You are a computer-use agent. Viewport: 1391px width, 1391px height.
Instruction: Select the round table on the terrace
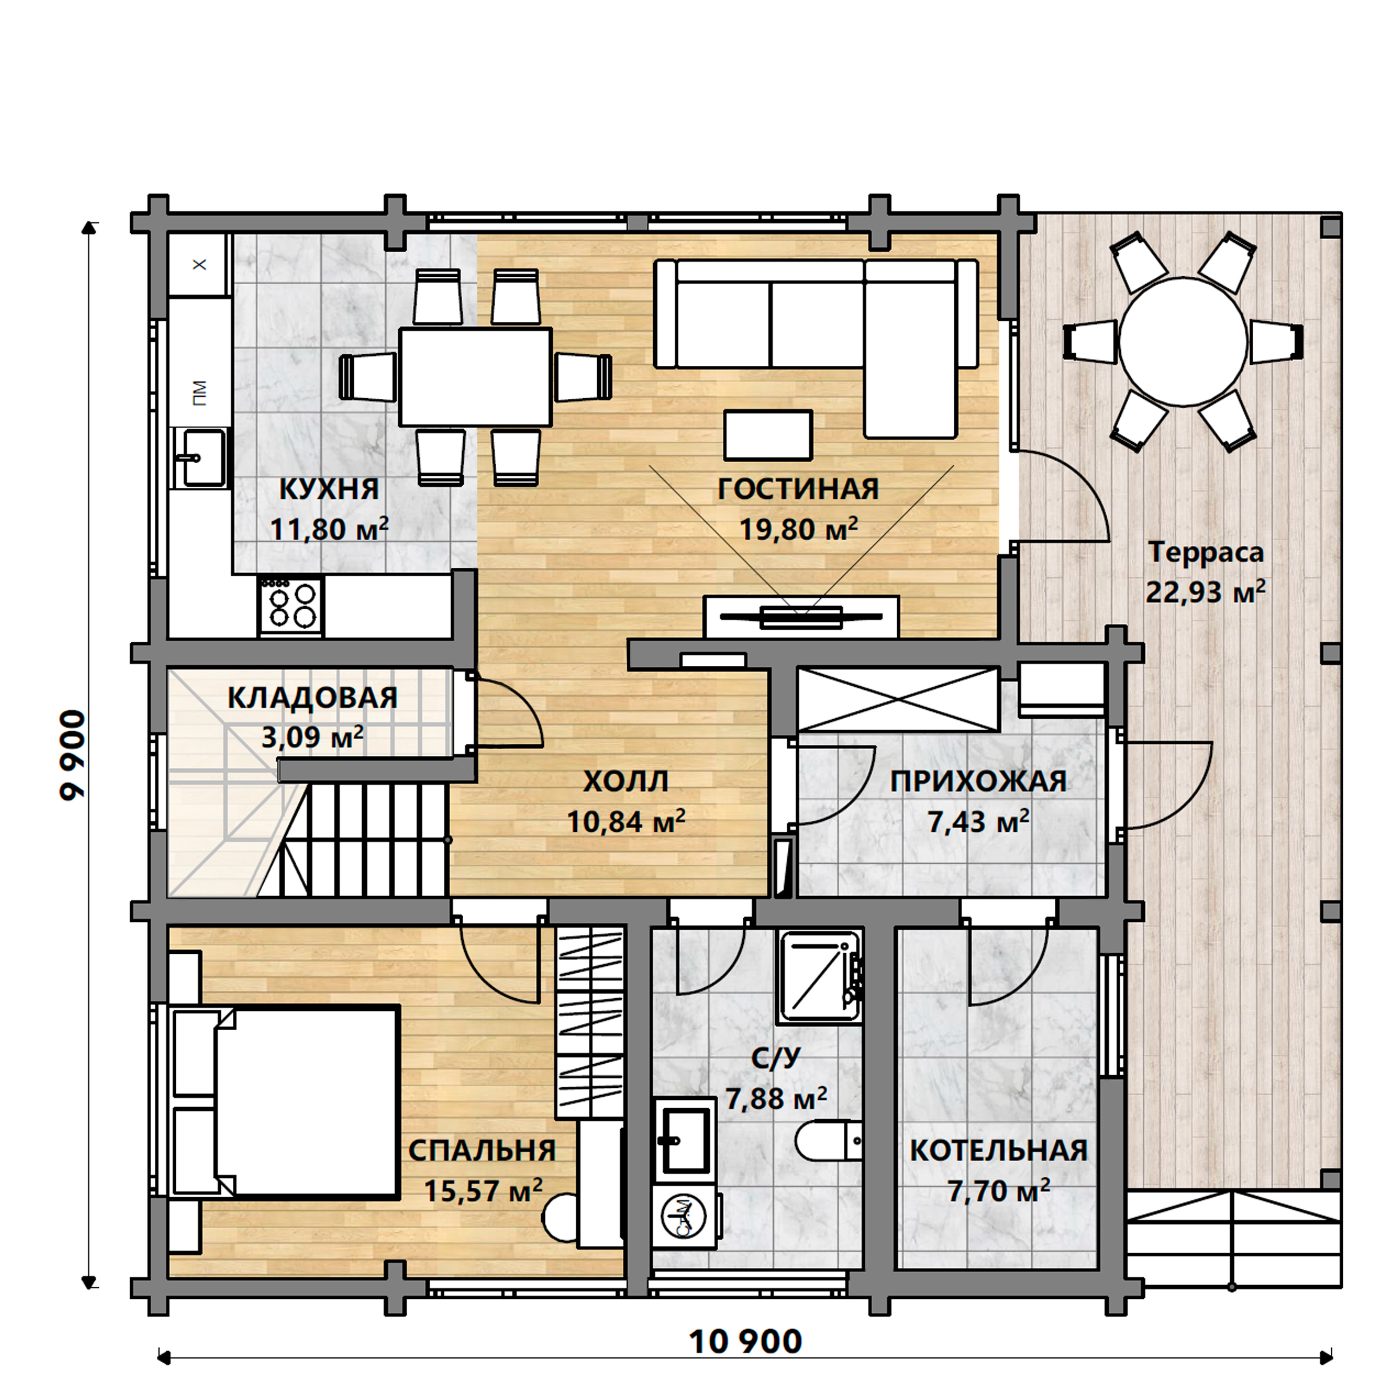click(1183, 343)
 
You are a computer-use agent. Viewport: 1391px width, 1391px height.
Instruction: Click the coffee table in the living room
click(768, 435)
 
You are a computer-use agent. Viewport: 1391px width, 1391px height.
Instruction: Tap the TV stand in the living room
click(801, 616)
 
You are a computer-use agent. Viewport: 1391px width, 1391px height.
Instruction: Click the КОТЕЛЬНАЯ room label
click(999, 1150)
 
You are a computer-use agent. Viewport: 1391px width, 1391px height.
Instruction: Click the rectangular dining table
click(475, 376)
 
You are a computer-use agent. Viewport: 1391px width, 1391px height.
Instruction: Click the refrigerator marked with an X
click(199, 264)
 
